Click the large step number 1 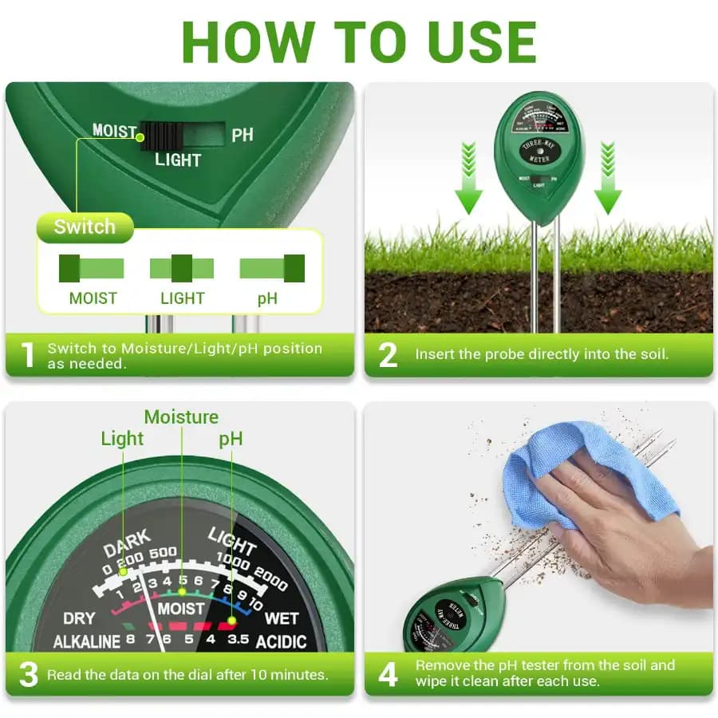pos(28,355)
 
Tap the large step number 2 pos(388,355)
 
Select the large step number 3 pos(28,675)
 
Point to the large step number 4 pos(388,675)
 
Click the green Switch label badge pos(85,227)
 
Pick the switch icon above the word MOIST pos(92,268)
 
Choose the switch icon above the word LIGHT pos(182,268)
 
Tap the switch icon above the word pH pos(272,268)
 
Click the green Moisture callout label pos(181,417)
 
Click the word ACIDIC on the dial pos(281,642)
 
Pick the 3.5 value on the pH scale pos(238,640)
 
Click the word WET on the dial pos(281,618)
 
